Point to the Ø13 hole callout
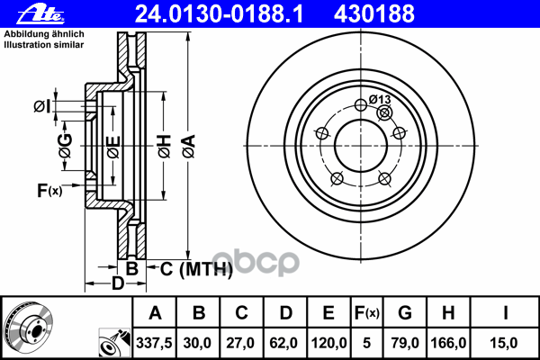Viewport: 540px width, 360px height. point(380,99)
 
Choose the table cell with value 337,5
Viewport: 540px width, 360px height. point(155,342)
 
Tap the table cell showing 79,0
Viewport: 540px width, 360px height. point(405,342)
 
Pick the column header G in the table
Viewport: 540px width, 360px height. point(405,313)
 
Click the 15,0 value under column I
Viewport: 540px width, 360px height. point(505,342)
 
